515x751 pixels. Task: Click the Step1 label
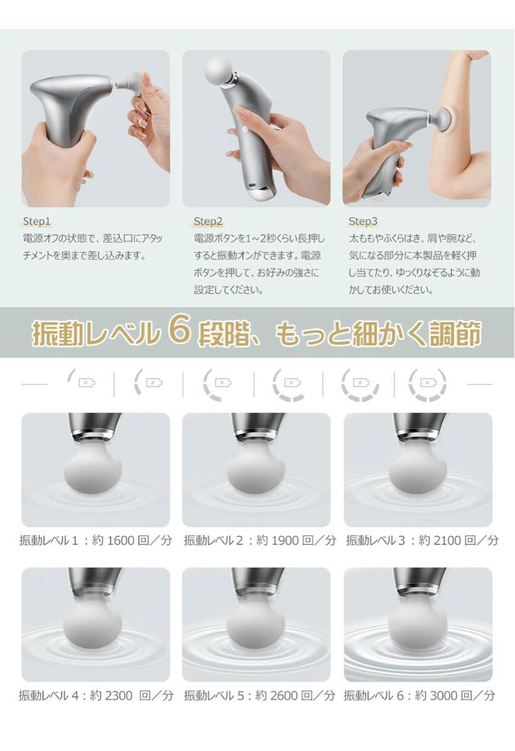coord(36,222)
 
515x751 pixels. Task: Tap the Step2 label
coord(208,222)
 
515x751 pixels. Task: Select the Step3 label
coord(363,222)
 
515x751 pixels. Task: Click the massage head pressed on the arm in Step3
coord(442,120)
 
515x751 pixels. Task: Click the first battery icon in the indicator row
coord(86,382)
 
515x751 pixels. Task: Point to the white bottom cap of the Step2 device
coord(262,193)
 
